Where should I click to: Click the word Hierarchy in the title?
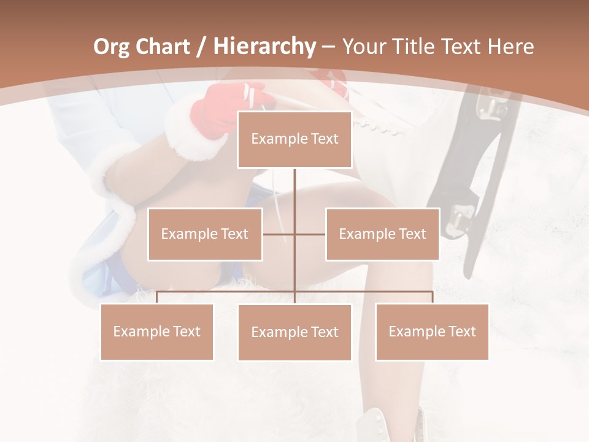click(264, 46)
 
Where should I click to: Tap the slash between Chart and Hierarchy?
click(201, 47)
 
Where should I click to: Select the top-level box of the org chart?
click(294, 139)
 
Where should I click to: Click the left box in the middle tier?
click(205, 234)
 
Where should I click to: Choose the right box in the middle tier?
click(382, 234)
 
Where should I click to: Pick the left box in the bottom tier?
click(156, 331)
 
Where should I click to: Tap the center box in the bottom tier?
click(294, 332)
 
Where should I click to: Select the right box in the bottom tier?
click(432, 331)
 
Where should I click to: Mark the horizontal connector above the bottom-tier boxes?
click(227, 292)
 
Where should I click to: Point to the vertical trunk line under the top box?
click(294, 196)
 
